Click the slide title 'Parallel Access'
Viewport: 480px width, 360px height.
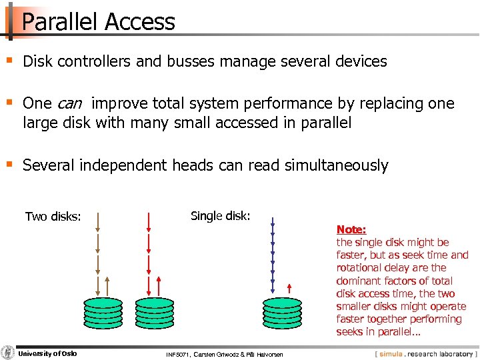pyautogui.click(x=99, y=22)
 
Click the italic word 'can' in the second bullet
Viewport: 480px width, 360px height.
pyautogui.click(x=70, y=104)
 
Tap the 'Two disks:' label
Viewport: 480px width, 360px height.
pyautogui.click(x=53, y=217)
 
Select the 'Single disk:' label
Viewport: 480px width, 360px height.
pyautogui.click(x=220, y=216)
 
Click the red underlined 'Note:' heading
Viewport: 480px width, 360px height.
pyautogui.click(x=351, y=229)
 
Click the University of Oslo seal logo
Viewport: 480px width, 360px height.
pyautogui.click(x=8, y=353)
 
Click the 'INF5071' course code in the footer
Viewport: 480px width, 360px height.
pyautogui.click(x=178, y=354)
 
